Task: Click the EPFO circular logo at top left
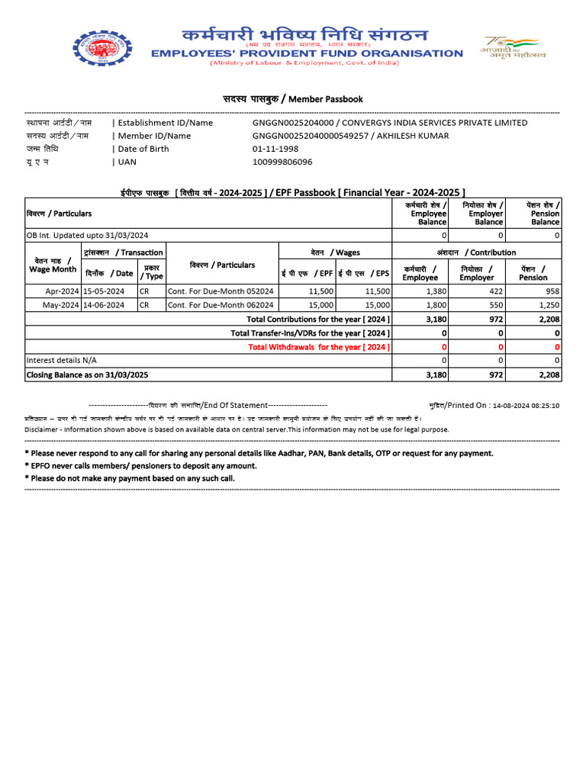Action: (101, 53)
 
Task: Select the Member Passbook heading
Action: (292, 99)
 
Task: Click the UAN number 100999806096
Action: (282, 162)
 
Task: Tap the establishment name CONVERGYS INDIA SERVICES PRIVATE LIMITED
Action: (433, 123)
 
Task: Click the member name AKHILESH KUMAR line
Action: (350, 136)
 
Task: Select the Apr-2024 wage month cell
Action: (63, 291)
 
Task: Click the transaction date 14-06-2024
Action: (104, 305)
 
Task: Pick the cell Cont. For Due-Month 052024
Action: (221, 291)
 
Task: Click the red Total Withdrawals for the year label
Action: (319, 347)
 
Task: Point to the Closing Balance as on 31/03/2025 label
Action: (87, 374)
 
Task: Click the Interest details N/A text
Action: (62, 360)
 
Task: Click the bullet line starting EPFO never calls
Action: (143, 465)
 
